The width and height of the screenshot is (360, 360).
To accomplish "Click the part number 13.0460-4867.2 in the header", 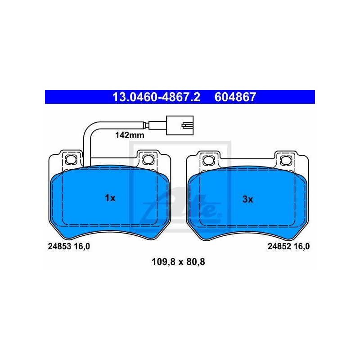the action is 156,97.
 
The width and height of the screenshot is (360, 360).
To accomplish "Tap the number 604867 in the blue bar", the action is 235,97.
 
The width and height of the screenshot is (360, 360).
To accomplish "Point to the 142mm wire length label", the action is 130,135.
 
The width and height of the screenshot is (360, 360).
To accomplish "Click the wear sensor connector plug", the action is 180,125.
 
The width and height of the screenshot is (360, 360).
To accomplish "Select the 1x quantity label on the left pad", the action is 110,198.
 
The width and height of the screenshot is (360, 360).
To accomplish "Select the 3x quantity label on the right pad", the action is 248,199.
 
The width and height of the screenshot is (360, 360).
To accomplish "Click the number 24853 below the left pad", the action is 59,246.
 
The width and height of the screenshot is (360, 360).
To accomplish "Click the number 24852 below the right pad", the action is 279,246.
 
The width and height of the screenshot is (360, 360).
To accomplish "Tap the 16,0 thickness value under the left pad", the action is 82,247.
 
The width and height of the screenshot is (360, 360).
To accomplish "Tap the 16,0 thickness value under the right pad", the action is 301,247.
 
